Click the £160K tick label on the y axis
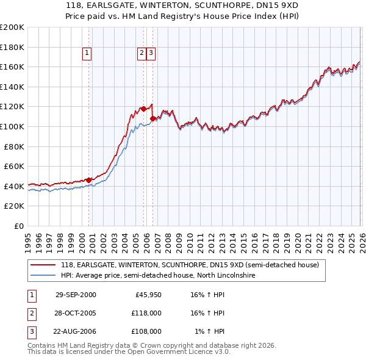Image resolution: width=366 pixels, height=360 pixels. click(x=12, y=67)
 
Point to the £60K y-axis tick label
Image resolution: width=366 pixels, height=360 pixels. click(x=14, y=166)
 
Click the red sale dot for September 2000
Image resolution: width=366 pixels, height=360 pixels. click(x=89, y=180)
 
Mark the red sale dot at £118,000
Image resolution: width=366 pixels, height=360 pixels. click(x=143, y=109)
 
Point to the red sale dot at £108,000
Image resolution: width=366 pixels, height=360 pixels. click(x=152, y=118)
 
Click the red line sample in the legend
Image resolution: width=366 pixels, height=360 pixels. click(x=44, y=265)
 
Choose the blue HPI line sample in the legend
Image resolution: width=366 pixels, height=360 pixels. click(x=44, y=276)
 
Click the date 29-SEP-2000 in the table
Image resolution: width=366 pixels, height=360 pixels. click(x=76, y=295)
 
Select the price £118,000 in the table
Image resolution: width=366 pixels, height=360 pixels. click(x=146, y=313)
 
